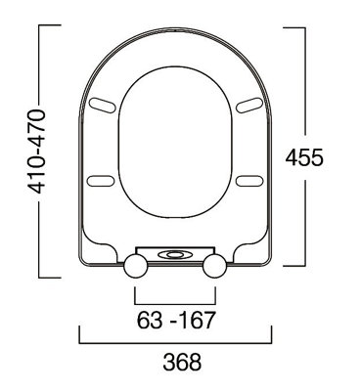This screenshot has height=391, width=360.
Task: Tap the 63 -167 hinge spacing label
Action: pos(174,320)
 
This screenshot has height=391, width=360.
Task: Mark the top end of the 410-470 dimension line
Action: pos(39,27)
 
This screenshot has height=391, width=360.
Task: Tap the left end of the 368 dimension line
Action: pos(79,342)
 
